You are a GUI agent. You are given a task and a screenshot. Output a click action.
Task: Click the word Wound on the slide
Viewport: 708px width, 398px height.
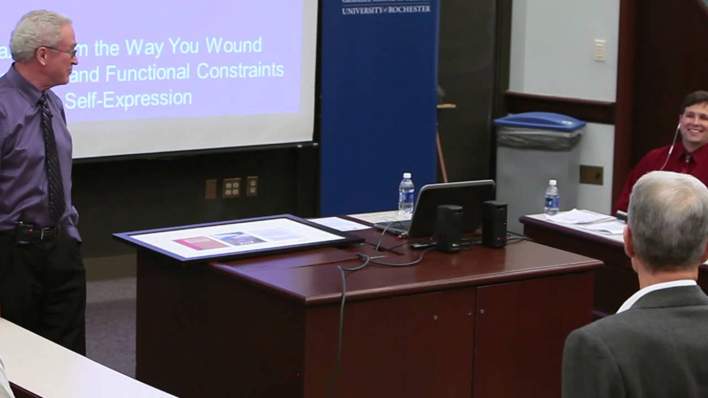click(x=233, y=45)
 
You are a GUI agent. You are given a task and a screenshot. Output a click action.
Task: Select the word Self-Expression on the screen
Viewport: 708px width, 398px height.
click(x=128, y=100)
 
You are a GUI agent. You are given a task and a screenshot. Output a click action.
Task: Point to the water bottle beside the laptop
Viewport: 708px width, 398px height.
click(x=406, y=194)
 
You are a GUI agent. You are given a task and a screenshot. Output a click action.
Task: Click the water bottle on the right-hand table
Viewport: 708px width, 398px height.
click(x=551, y=197)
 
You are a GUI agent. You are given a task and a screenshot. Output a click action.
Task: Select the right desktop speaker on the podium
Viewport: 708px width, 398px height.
click(x=494, y=223)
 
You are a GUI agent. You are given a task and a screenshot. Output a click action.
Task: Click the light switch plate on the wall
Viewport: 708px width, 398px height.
click(x=600, y=50)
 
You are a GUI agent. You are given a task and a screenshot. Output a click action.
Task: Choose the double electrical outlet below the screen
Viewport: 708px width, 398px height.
click(x=232, y=187)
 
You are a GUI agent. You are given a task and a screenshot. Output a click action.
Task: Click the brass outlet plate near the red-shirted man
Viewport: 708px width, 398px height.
click(x=591, y=175)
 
